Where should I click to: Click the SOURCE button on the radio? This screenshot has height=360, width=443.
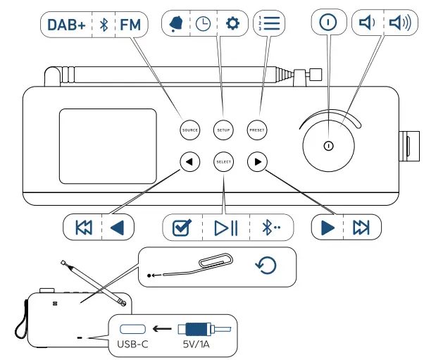[x=190, y=130]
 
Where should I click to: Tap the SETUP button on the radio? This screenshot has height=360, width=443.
[x=223, y=130]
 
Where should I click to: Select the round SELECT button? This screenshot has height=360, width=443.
[x=223, y=162]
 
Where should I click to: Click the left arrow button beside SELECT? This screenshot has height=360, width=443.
[x=190, y=162]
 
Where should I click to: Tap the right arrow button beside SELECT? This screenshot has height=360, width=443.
[x=257, y=162]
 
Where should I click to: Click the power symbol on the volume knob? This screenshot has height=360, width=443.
[x=328, y=146]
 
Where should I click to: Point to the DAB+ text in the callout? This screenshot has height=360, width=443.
[x=66, y=25]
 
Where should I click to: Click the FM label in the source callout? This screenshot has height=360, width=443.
[x=130, y=25]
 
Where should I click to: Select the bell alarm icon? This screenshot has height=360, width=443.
[x=176, y=24]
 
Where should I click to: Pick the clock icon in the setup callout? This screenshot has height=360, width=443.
[x=203, y=24]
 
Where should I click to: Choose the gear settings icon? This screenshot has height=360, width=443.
[x=233, y=23]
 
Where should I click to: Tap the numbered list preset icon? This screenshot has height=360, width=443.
[x=269, y=23]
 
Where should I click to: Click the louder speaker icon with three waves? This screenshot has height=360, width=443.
[x=400, y=23]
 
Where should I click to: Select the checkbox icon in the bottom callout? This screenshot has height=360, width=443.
[x=182, y=228]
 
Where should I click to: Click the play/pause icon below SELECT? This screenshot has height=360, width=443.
[x=226, y=228]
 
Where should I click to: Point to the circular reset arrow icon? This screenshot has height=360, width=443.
[x=266, y=266]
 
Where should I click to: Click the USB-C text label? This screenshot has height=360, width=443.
[x=133, y=345]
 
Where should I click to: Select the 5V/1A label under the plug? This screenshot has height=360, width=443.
[x=196, y=345]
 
